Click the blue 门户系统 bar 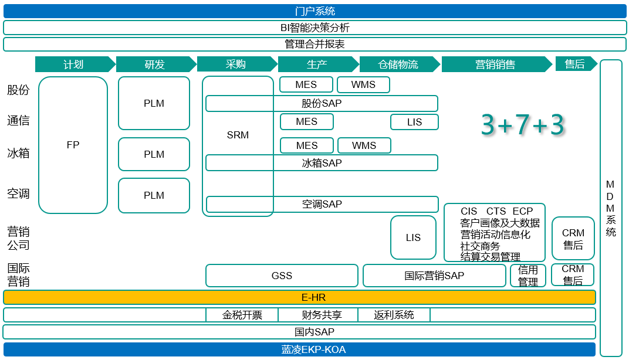pos(314,11)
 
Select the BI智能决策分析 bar pos(314,28)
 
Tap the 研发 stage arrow pos(155,64)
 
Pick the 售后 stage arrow pos(575,64)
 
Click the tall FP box pos(73,145)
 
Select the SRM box pos(238,135)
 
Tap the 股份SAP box pos(322,103)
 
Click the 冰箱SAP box pos(322,163)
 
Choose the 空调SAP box pos(322,204)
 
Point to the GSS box pos(282,276)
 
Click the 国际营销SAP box pos(434,276)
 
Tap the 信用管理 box pos(528,276)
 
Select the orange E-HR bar pos(299,298)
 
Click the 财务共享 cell pos(322,315)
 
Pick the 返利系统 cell pos(394,315)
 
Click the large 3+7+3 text pos(522,125)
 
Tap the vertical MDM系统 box pos(611,208)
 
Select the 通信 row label pos(18,121)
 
